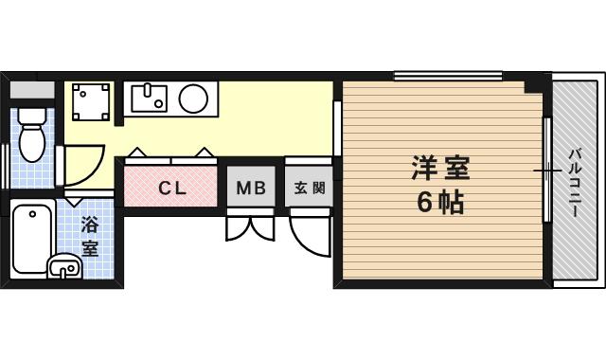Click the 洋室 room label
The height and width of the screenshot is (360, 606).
440,168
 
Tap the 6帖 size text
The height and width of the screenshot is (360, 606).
439,202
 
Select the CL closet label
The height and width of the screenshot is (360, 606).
172,189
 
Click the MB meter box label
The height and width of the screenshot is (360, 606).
251,188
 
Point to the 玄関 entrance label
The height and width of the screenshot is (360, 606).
310,188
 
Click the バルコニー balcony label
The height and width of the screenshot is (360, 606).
575,183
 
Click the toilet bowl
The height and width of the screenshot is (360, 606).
32,135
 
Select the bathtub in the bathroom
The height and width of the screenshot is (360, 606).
31,239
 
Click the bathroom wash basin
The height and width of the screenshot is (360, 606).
64,266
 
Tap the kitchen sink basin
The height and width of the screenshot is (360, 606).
150,99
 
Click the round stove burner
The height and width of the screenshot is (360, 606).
193,99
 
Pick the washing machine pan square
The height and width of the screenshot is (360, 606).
91,101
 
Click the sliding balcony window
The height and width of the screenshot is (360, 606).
547,170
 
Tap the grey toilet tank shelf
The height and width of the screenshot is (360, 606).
32,90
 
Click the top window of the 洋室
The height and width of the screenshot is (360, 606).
448,75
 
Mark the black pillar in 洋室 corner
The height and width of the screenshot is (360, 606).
537,83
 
